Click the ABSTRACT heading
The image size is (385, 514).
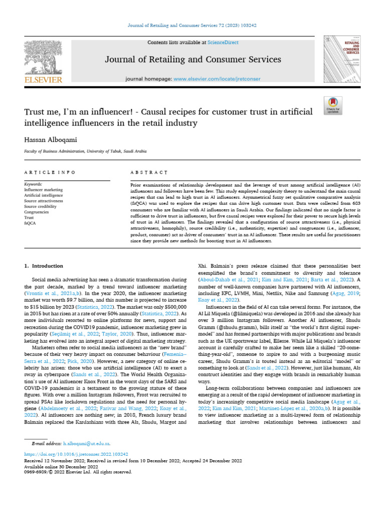click(149, 172)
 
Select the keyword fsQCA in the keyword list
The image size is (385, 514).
click(32, 217)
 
